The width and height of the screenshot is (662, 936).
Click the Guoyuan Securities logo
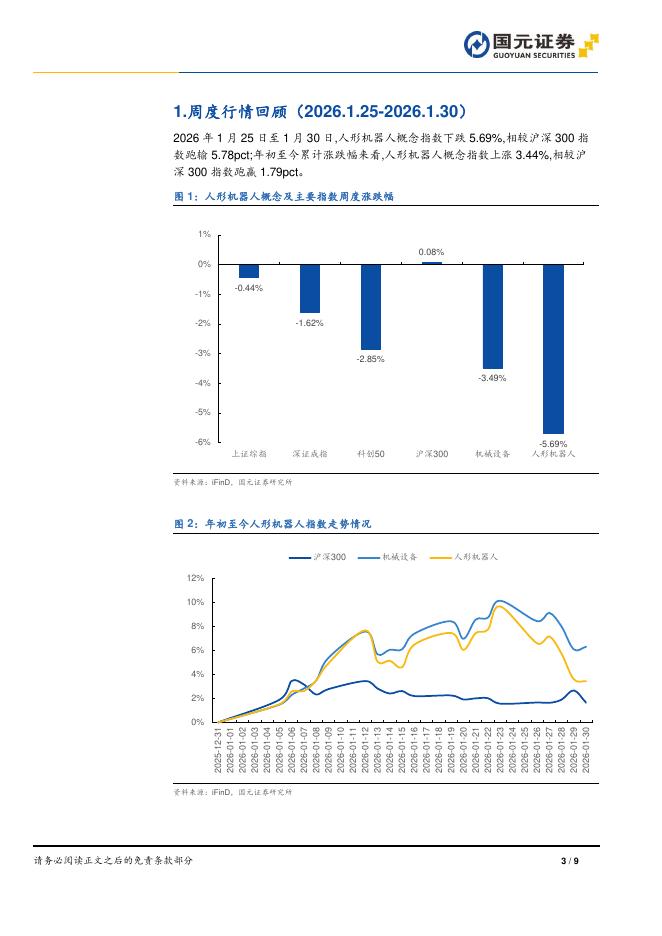[x=531, y=45]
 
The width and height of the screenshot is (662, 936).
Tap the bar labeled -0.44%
[x=249, y=271]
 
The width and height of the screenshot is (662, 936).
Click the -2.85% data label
[x=371, y=358]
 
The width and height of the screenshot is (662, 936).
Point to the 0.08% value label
[x=432, y=252]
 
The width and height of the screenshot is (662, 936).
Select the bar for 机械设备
[x=492, y=316]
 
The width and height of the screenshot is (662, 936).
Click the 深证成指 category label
[x=310, y=453]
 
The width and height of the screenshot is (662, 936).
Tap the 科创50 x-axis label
[x=371, y=453]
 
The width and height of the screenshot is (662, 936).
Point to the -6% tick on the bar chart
[x=202, y=441]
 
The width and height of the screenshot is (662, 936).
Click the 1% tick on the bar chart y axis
[x=204, y=234]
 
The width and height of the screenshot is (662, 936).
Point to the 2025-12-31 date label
[x=218, y=749]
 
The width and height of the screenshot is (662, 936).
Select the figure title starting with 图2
[x=273, y=523]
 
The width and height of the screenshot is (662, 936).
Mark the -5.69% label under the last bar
[x=553, y=443]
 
